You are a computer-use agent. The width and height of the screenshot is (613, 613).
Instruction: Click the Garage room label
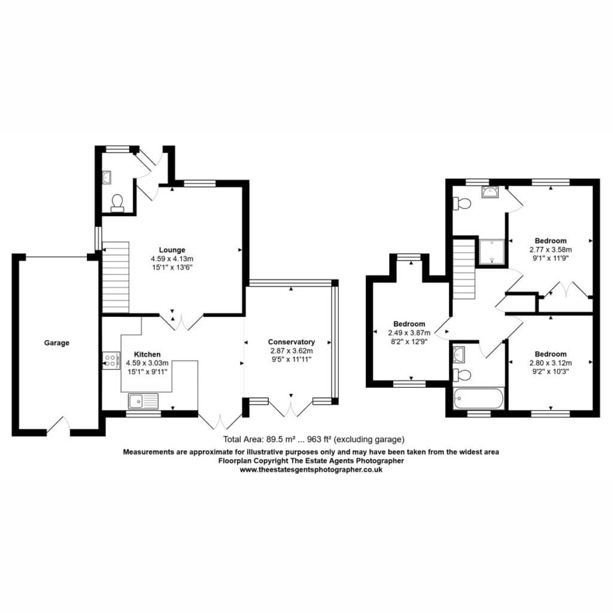(57, 343)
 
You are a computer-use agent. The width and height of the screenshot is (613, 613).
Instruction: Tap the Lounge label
(172, 250)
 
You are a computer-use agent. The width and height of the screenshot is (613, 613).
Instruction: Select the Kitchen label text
(147, 354)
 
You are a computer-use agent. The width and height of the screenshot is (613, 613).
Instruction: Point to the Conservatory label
(292, 342)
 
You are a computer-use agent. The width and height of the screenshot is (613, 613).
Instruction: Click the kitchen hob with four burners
(111, 360)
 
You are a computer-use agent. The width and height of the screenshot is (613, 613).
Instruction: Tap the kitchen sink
(144, 401)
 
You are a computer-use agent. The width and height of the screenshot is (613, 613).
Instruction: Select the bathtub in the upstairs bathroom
(478, 398)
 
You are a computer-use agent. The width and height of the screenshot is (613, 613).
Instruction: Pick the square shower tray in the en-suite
(491, 251)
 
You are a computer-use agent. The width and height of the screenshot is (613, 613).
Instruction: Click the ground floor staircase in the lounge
(116, 277)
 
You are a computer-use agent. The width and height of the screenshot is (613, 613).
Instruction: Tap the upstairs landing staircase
(464, 269)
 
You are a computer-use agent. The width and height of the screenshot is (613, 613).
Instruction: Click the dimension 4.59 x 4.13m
(172, 259)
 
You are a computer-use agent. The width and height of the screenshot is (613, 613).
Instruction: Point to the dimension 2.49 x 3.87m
(409, 333)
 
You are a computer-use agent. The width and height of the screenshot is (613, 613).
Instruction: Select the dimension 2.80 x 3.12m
(551, 363)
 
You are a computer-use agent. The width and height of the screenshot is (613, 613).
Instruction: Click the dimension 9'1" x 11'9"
(551, 258)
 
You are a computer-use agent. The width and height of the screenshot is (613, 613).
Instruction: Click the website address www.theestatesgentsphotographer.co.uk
(311, 470)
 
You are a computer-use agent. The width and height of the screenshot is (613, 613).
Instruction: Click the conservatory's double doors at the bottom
(291, 407)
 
